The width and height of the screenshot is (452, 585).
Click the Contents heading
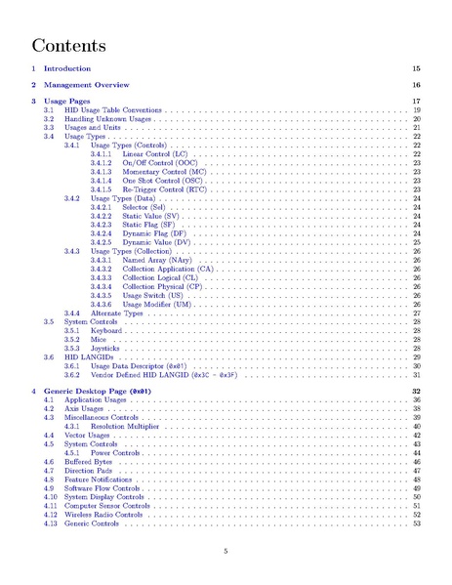point(68,45)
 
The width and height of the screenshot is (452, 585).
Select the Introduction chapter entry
point(67,69)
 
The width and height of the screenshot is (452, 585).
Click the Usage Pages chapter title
point(66,102)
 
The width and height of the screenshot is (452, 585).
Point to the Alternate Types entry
point(118,312)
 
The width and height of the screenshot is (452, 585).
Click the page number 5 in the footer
point(226,551)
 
